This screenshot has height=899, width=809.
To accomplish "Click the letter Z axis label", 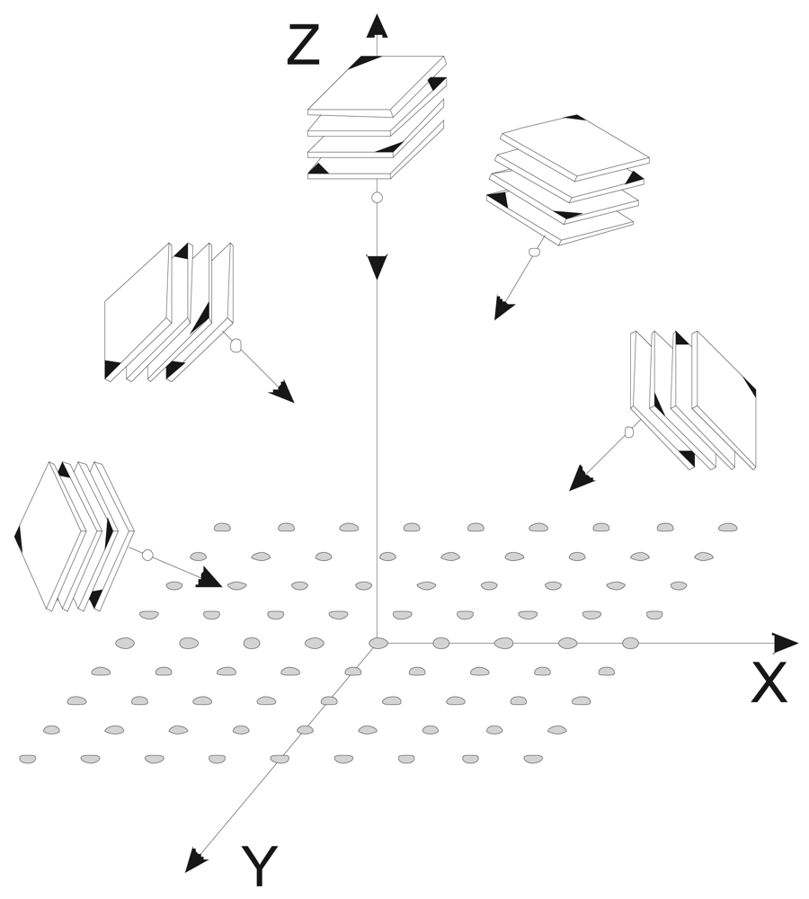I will click(303, 47).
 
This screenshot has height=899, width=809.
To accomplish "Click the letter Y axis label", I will click(259, 867).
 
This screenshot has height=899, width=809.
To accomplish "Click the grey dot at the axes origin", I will click(378, 643).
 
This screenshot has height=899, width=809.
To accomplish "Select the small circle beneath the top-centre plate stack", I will click(377, 198).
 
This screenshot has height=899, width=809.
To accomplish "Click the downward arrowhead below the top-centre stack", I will click(377, 266).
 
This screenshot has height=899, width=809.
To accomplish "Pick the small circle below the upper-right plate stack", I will click(534, 252).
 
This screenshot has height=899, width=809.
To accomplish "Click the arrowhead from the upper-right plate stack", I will click(503, 308).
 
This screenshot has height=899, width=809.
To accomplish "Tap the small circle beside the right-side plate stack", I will click(629, 432).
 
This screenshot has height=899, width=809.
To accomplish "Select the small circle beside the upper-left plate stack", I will click(236, 345).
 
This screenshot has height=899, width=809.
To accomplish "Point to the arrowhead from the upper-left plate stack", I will click(283, 392).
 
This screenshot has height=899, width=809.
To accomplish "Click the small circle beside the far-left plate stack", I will click(147, 556).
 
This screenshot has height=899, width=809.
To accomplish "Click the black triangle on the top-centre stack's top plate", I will click(367, 61).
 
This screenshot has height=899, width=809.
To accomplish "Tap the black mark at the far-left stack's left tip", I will click(18, 538).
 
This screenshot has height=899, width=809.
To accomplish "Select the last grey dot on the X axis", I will click(631, 643).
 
